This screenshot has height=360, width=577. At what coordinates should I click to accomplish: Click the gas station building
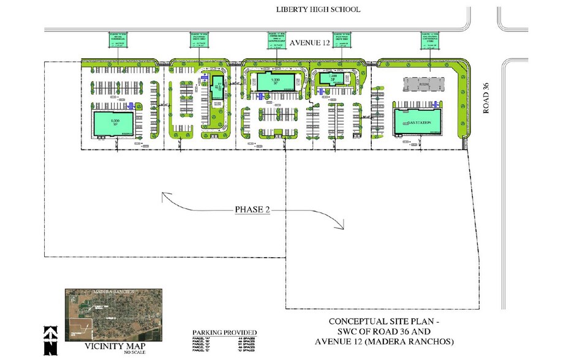coord(417,122)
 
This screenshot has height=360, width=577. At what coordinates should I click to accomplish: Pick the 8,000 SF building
coord(113,124)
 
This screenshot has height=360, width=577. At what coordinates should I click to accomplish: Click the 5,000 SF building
coord(276,81)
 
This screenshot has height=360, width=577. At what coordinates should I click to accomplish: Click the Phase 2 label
coord(252,209)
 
